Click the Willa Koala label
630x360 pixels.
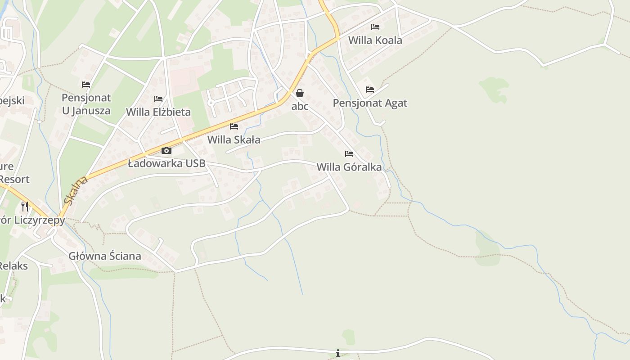tap(375, 40)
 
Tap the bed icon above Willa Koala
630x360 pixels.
tap(375, 27)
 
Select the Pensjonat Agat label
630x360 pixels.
tap(370, 103)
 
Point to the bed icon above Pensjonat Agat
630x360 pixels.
tap(370, 90)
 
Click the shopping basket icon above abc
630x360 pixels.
tap(300, 93)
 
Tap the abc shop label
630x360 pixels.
tap(300, 107)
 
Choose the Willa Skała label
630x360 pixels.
tap(234, 140)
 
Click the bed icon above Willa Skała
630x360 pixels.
tap(234, 126)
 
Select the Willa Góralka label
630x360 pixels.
tap(349, 167)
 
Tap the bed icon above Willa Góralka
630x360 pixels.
tap(349, 154)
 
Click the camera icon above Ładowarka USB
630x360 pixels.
tap(166, 150)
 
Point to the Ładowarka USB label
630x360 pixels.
tap(166, 163)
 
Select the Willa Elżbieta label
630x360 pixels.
tap(158, 112)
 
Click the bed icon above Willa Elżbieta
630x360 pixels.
tap(158, 99)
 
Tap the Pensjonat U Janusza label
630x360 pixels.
tap(86, 104)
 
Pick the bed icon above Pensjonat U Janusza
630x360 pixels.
tap(86, 85)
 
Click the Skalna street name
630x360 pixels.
tap(75, 190)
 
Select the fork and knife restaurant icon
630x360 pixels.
tap(25, 207)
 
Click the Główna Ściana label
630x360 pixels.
tap(105, 256)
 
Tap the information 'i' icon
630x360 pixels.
tap(338, 353)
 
